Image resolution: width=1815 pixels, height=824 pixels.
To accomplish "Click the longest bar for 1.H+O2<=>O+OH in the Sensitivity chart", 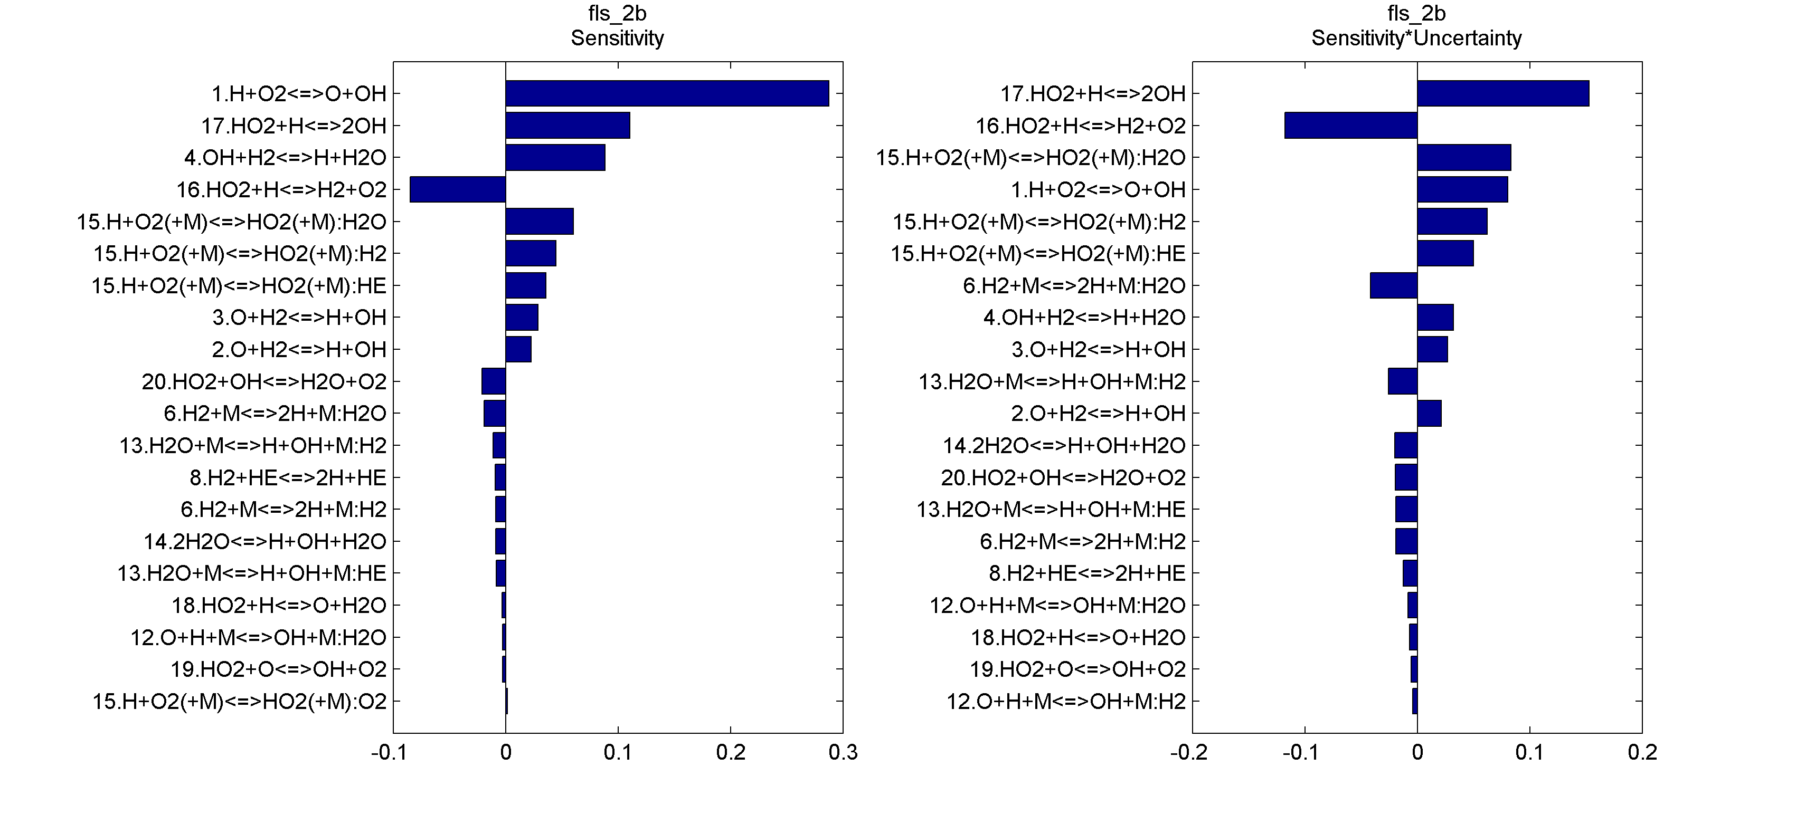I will pyautogui.click(x=667, y=94).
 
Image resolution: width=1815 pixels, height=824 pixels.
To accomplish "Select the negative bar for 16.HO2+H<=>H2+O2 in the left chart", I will pyautogui.click(x=458, y=189).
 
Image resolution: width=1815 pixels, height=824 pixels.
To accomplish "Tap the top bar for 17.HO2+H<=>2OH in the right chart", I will pyautogui.click(x=1503, y=94).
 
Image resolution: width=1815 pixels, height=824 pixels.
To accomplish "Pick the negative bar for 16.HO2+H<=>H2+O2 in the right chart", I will pyautogui.click(x=1350, y=126).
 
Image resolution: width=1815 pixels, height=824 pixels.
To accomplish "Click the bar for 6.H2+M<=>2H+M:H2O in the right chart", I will pyautogui.click(x=1393, y=285).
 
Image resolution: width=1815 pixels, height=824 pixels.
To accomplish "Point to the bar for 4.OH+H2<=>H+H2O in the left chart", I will pyautogui.click(x=555, y=158).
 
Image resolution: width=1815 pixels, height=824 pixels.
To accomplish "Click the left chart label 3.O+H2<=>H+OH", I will pyautogui.click(x=299, y=318).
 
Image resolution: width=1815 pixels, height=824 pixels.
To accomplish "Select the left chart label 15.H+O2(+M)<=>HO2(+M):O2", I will pyautogui.click(x=240, y=702).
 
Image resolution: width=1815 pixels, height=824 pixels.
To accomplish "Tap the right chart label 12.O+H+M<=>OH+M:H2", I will pyautogui.click(x=1065, y=702).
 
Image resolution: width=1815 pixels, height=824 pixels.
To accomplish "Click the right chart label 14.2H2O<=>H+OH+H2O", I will pyautogui.click(x=1064, y=446).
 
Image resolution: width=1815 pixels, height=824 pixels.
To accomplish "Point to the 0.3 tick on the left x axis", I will pyautogui.click(x=843, y=753).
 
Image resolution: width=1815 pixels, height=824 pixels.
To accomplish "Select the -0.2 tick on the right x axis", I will pyautogui.click(x=1189, y=753).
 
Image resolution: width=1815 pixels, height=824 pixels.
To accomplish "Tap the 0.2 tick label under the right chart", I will pyautogui.click(x=1642, y=753).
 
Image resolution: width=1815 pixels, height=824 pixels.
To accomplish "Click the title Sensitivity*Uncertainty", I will pyautogui.click(x=1416, y=38).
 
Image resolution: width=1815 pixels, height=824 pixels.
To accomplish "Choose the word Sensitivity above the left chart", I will pyautogui.click(x=617, y=38).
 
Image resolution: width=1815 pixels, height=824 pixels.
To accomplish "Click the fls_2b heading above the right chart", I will pyautogui.click(x=1416, y=13).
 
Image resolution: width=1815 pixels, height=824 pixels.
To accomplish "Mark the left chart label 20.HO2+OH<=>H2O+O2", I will pyautogui.click(x=263, y=382).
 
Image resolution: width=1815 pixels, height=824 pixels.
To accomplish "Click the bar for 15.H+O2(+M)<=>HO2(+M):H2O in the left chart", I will pyautogui.click(x=539, y=221).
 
